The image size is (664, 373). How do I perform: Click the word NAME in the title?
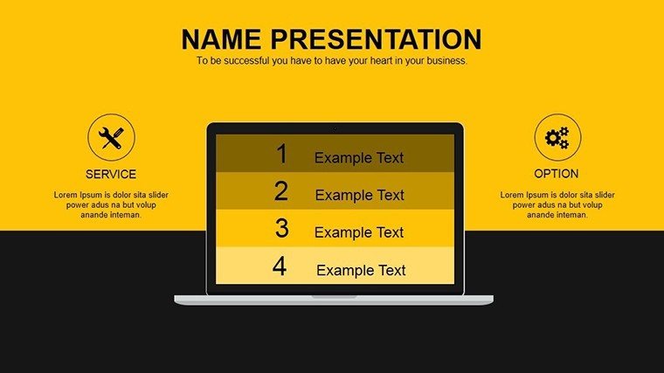(x=221, y=39)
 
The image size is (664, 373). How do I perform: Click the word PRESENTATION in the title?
(x=376, y=39)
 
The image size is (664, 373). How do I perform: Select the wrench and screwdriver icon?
(x=111, y=138)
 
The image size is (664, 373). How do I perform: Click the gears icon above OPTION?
(x=557, y=138)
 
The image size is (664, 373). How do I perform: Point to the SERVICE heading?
(x=111, y=174)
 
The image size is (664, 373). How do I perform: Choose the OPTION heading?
(x=556, y=174)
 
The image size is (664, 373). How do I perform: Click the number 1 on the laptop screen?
(x=282, y=153)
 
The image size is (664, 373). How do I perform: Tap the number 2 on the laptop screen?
(x=281, y=191)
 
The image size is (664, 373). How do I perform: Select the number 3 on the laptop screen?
(x=281, y=228)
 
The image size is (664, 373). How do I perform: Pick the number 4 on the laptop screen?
(x=280, y=266)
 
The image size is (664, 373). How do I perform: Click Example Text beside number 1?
(x=359, y=158)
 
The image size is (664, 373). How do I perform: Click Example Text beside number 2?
(x=360, y=195)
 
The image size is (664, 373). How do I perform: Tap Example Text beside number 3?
(x=359, y=232)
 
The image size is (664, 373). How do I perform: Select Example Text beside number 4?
(x=361, y=270)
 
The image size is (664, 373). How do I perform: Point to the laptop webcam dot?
(x=335, y=128)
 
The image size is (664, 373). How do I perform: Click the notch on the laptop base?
(x=334, y=297)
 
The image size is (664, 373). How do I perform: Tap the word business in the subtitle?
(x=446, y=60)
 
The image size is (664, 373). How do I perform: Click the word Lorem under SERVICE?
(x=66, y=195)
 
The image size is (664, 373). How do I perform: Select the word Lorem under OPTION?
(x=512, y=195)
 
